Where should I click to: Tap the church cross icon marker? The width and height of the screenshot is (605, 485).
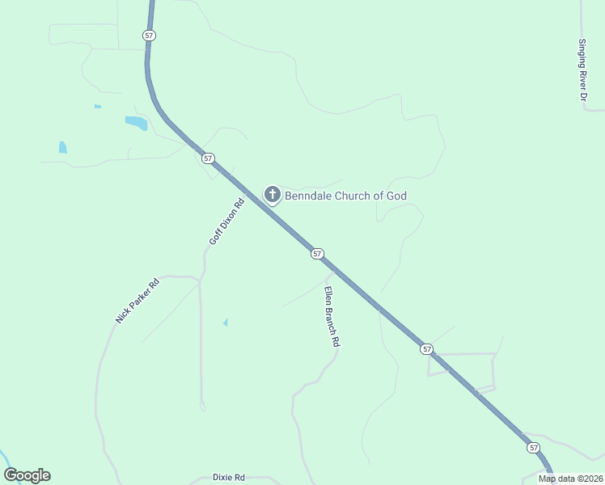pyautogui.click(x=273, y=195)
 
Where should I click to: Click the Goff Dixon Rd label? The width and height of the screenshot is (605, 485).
pyautogui.click(x=226, y=222)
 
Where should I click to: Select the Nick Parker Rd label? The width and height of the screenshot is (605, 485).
pyautogui.click(x=137, y=300)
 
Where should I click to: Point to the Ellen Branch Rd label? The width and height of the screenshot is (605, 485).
pyautogui.click(x=332, y=317)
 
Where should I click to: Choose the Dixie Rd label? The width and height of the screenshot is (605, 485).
pyautogui.click(x=229, y=478)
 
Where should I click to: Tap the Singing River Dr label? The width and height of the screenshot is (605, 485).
pyautogui.click(x=582, y=70)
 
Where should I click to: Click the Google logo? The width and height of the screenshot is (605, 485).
pyautogui.click(x=27, y=475)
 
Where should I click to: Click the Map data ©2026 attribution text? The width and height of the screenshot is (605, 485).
pyautogui.click(x=570, y=479)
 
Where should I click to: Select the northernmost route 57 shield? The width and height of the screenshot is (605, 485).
pyautogui.click(x=148, y=36)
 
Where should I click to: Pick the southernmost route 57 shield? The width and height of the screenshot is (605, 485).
pyautogui.click(x=533, y=447)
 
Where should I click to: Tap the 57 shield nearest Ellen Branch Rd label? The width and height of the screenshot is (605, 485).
pyautogui.click(x=317, y=254)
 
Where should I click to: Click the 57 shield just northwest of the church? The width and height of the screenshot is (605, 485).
pyautogui.click(x=209, y=158)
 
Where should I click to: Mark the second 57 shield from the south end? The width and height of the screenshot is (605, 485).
pyautogui.click(x=426, y=349)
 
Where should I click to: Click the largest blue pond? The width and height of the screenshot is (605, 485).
pyautogui.click(x=137, y=123)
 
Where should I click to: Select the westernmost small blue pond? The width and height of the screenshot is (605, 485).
pyautogui.click(x=62, y=147)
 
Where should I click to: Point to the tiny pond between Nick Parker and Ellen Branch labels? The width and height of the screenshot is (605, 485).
pyautogui.click(x=225, y=323)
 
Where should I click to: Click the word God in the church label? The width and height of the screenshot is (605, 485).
pyautogui.click(x=396, y=196)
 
